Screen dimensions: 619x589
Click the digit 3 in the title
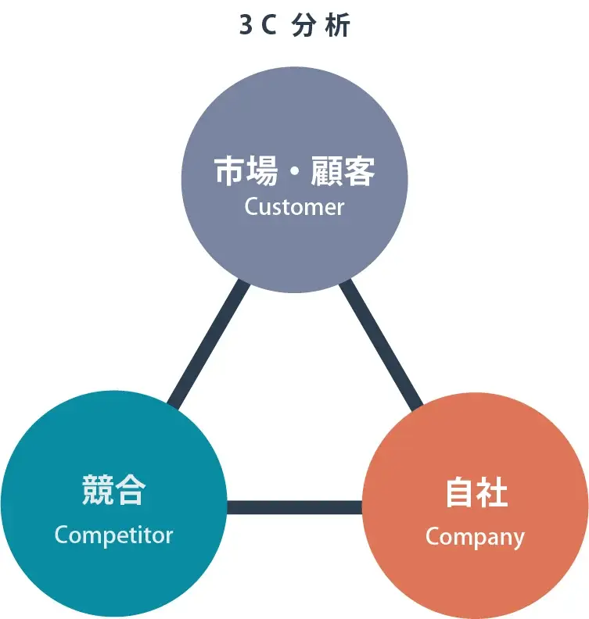tap(246, 26)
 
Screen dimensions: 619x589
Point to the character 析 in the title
tap(339, 26)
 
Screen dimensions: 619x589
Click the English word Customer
tap(294, 207)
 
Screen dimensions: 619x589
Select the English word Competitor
tap(113, 535)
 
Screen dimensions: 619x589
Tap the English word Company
tap(475, 537)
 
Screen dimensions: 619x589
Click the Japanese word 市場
tap(246, 171)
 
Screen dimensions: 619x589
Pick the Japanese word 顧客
tap(343, 171)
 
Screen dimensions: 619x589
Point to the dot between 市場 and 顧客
tap(294, 172)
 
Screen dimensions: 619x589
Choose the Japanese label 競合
tap(113, 490)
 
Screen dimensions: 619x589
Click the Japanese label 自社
tap(476, 492)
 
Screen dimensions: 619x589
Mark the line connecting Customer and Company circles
tap(381, 344)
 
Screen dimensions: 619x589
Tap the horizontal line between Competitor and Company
tap(294, 507)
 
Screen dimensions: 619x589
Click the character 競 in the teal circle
tap(98, 490)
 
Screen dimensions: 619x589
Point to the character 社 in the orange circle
tap(492, 492)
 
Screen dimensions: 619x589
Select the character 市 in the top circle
tap(230, 171)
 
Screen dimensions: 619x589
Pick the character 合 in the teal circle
tap(130, 490)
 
